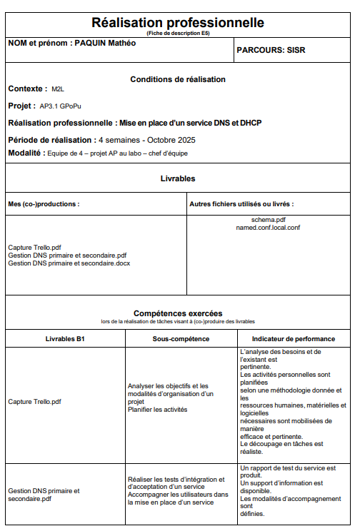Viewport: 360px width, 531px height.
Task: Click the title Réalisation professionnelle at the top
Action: point(178,23)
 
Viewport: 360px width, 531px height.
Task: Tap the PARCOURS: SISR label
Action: point(270,51)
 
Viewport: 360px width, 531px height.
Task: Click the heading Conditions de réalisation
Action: point(178,79)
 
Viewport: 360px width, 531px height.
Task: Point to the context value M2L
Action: point(58,89)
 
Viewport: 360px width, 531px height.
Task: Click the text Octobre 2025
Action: point(171,140)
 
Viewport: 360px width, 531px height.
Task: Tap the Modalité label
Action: point(26,153)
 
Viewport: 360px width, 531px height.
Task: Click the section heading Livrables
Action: point(178,178)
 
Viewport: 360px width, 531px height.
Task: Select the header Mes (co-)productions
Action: point(44,204)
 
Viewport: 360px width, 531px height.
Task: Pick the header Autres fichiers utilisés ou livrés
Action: point(241,204)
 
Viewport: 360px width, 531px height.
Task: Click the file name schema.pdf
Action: point(269,220)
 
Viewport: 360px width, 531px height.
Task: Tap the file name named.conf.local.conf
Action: point(269,228)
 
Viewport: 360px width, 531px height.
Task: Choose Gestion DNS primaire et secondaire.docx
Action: point(69,263)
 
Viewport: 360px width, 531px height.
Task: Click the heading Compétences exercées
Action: point(178,313)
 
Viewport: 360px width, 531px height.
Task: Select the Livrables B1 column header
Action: point(65,338)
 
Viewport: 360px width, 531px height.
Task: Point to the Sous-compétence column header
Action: point(181,338)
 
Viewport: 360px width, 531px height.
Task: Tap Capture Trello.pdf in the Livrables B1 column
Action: point(35,401)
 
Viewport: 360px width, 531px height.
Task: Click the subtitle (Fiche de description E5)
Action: point(178,33)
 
